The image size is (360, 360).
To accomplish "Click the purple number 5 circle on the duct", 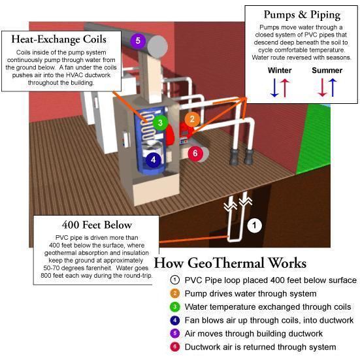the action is [138, 41].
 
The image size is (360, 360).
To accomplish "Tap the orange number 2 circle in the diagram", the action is [192, 119].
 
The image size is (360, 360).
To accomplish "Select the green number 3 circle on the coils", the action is [160, 123].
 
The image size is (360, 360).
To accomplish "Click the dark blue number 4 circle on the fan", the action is [154, 159].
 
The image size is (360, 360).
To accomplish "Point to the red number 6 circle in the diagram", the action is [195, 153].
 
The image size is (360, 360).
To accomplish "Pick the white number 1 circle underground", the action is [254, 225].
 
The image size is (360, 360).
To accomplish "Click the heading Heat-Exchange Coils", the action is [59, 39].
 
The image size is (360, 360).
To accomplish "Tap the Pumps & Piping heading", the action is [302, 15].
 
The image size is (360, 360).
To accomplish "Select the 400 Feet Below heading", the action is [97, 225].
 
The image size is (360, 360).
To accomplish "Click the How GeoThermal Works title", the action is [230, 263].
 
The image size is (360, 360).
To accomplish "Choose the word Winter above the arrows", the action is [280, 71].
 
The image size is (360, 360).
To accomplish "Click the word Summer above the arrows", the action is [327, 71].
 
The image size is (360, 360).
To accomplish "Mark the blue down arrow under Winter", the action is [274, 88].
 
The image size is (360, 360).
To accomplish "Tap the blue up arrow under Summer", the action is [333, 88].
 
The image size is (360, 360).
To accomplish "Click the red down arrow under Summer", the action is [322, 88].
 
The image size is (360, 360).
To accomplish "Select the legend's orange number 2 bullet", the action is [174, 293].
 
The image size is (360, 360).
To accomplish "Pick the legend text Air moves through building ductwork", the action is [254, 334].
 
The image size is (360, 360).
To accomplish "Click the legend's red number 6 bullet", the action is [174, 347].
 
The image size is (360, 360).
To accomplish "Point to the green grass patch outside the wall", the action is [314, 138].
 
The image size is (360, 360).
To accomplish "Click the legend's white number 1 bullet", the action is [174, 280].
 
